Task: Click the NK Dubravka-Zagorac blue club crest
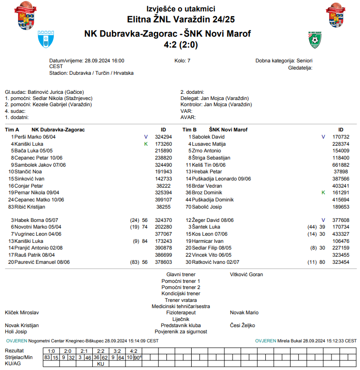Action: point(46,40)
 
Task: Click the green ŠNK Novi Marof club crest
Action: point(314,40)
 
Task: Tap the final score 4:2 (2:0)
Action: point(180,45)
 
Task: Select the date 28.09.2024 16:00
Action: point(105,61)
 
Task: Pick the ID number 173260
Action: point(163,143)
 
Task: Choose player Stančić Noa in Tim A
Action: point(28,171)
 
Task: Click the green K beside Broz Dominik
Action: point(323,193)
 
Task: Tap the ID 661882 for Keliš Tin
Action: point(341,165)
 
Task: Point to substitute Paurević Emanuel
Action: point(38,262)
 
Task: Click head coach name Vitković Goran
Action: point(246,274)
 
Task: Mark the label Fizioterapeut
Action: point(181,312)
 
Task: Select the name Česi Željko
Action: point(243,325)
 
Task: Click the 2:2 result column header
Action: point(100,351)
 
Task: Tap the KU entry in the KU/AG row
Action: point(100,363)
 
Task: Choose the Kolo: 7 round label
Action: point(183,61)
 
